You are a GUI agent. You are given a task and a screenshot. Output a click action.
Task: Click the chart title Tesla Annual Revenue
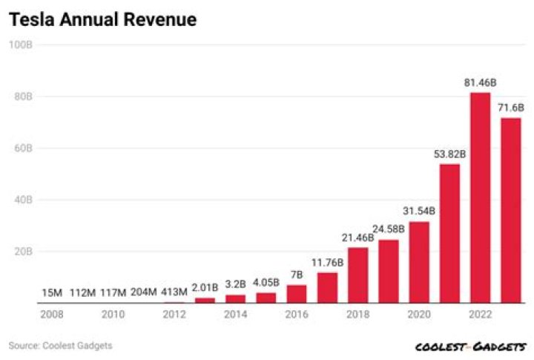tap(102, 20)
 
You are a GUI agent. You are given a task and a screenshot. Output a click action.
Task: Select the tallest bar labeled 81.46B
tap(481, 197)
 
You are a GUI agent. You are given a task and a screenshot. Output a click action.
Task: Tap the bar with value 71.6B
tap(511, 210)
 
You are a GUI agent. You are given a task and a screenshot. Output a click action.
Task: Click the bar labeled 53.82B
tap(449, 233)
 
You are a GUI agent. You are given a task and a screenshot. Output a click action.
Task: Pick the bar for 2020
tap(419, 262)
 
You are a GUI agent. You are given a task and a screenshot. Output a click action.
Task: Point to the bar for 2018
tap(357, 275)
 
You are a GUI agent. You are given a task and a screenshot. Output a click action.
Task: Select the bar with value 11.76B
tap(327, 287)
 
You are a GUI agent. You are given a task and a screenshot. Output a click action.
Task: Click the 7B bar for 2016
tap(297, 294)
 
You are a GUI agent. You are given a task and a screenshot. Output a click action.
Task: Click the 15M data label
tap(51, 292)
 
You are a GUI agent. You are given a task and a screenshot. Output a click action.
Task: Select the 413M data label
tap(174, 292)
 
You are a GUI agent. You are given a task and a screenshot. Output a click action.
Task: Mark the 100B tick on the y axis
tap(20, 45)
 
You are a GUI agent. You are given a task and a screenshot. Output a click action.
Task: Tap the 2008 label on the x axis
tap(51, 315)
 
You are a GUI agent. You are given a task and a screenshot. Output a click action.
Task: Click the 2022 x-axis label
tap(481, 315)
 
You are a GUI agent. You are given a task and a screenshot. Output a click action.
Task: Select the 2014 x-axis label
tap(235, 315)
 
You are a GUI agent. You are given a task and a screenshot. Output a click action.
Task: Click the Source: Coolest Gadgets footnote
tap(61, 345)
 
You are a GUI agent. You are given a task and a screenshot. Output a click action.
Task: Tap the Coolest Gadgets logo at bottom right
tap(470, 347)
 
